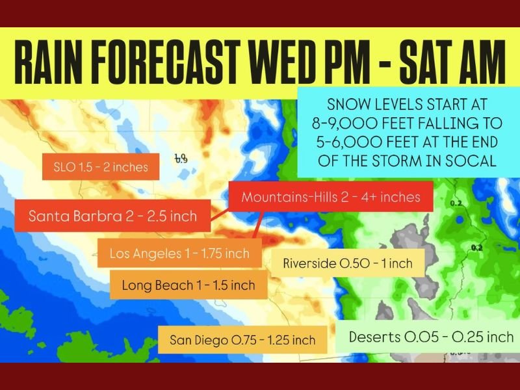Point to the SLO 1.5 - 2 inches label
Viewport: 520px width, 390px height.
(x=101, y=167)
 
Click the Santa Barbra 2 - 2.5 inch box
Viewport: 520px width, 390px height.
(x=113, y=216)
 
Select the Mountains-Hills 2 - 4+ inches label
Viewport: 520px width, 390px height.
(x=331, y=196)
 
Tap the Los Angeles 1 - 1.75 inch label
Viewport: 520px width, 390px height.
(x=179, y=253)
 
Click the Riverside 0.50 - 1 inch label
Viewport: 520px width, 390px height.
(x=348, y=264)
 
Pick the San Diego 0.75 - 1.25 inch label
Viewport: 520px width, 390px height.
(x=242, y=340)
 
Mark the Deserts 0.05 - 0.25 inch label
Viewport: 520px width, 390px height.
(x=431, y=337)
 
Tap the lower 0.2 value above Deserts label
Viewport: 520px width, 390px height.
(x=477, y=248)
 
